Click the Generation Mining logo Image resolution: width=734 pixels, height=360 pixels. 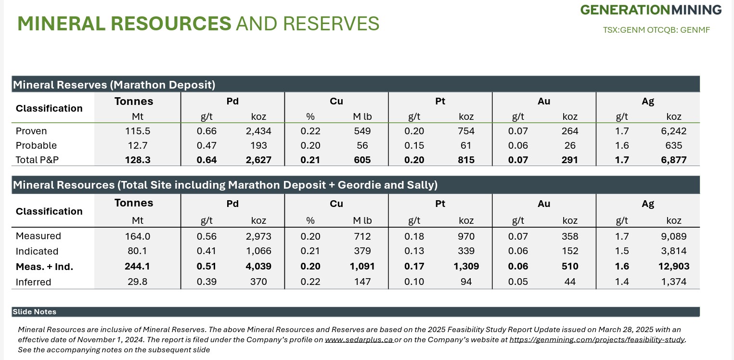pos(651,10)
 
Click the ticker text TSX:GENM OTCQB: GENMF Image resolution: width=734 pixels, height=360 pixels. pos(656,30)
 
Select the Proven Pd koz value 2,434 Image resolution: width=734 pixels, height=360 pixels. pos(258,131)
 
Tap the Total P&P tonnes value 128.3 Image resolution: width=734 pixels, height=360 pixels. pos(137,160)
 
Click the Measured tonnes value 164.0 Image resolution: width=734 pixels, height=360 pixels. pos(137,236)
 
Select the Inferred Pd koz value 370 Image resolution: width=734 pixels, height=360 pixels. pos(258,282)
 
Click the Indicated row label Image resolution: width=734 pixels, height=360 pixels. pos(37,251)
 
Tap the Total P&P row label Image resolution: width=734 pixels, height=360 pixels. pos(37,160)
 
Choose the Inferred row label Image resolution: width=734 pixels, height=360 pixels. pos(33,282)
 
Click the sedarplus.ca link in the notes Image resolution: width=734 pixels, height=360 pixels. pos(359,340)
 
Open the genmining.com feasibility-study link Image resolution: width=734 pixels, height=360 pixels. pos(597,340)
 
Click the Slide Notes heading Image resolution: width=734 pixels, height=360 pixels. pos(35,312)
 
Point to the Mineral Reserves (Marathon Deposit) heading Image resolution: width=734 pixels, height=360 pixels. pos(114,85)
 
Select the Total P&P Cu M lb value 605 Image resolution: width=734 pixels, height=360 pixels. pos(362,160)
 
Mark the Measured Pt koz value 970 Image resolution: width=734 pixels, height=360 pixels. pos(466,236)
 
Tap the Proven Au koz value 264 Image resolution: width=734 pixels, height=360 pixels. pos(570,131)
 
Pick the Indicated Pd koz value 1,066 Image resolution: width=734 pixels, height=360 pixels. pos(258,251)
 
